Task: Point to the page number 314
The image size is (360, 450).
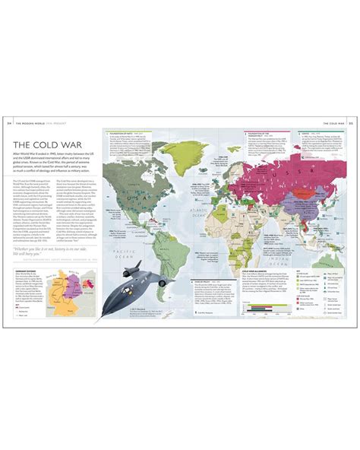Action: click(8, 123)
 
